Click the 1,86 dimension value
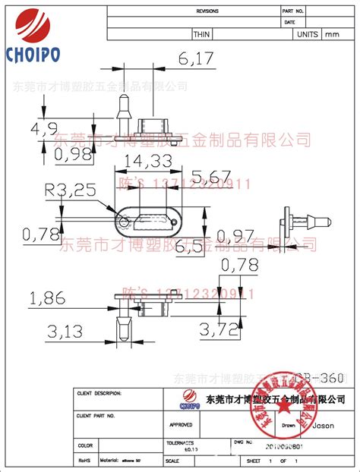(x=47, y=300)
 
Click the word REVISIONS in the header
(x=207, y=12)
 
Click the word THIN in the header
(x=202, y=34)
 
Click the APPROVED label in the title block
(x=181, y=426)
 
